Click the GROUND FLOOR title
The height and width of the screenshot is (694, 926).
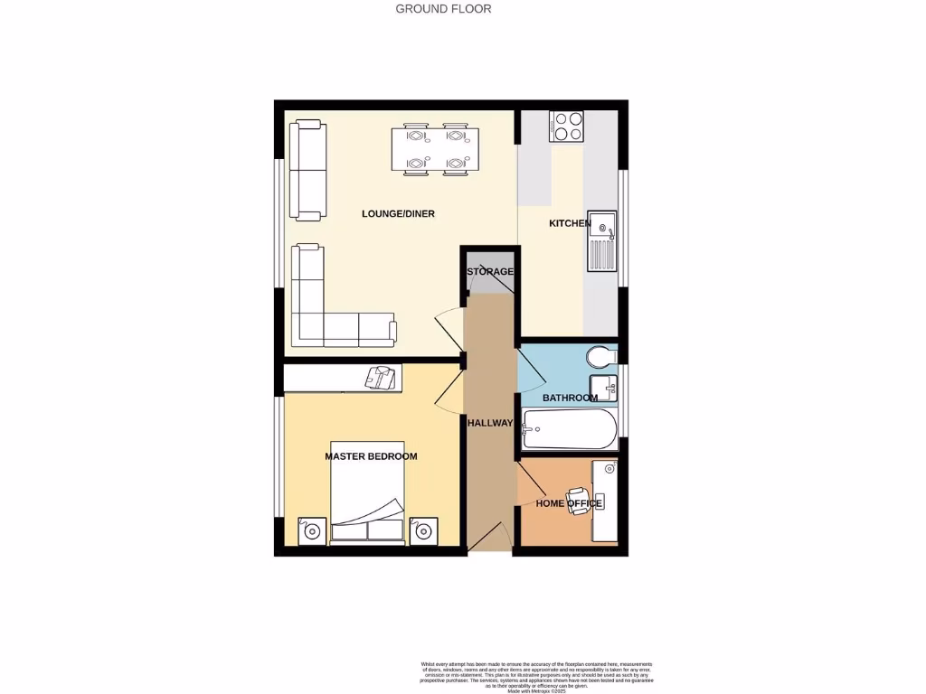(443, 9)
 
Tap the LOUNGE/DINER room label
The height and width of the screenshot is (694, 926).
(398, 214)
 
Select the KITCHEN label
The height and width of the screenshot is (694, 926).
(570, 223)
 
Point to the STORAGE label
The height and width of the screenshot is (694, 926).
(490, 271)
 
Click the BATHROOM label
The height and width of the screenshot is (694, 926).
(570, 398)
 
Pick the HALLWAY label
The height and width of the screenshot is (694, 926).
(490, 423)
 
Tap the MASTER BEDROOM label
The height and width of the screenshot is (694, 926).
(371, 456)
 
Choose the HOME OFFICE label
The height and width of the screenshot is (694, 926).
(568, 503)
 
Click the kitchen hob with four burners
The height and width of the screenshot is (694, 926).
(566, 127)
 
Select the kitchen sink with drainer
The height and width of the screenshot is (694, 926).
(602, 241)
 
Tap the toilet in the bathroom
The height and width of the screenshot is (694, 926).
(602, 354)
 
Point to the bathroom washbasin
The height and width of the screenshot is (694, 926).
(605, 388)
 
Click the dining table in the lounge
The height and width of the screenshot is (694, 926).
(435, 149)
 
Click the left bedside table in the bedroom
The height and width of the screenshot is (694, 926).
(312, 530)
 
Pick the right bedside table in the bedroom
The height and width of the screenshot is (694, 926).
(422, 530)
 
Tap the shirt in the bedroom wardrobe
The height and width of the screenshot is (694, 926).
(382, 377)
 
